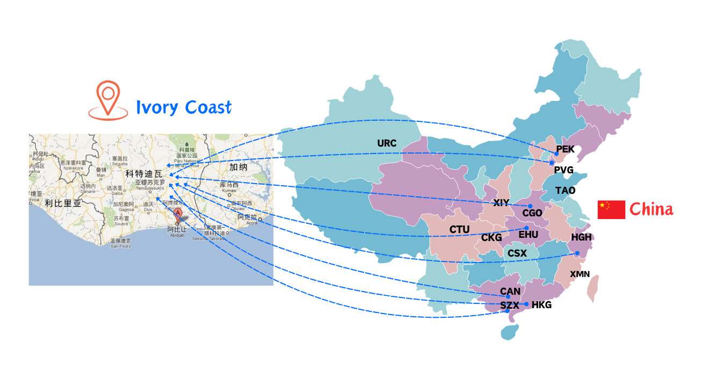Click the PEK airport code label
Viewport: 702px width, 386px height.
pos(565,149)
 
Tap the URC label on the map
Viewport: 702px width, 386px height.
pos(387,143)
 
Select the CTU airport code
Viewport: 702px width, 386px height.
pos(459,230)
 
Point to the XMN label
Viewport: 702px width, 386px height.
pos(580,274)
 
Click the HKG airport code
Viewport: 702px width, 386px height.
pos(541,305)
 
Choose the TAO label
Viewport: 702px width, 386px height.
pos(565,191)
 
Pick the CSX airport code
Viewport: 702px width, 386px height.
pos(517,253)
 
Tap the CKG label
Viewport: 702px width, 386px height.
pos(491,237)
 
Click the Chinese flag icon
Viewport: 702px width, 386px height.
pos(611,209)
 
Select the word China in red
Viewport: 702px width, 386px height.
pos(651,209)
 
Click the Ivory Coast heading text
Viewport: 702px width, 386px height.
pos(184,107)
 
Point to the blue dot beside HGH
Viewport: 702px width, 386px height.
pos(577,253)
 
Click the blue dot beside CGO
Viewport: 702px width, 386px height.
pos(530,206)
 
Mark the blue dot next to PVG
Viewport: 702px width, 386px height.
pos(552,163)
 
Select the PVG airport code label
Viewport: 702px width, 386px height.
pos(563,170)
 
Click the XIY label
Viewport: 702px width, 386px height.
pos(501,202)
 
